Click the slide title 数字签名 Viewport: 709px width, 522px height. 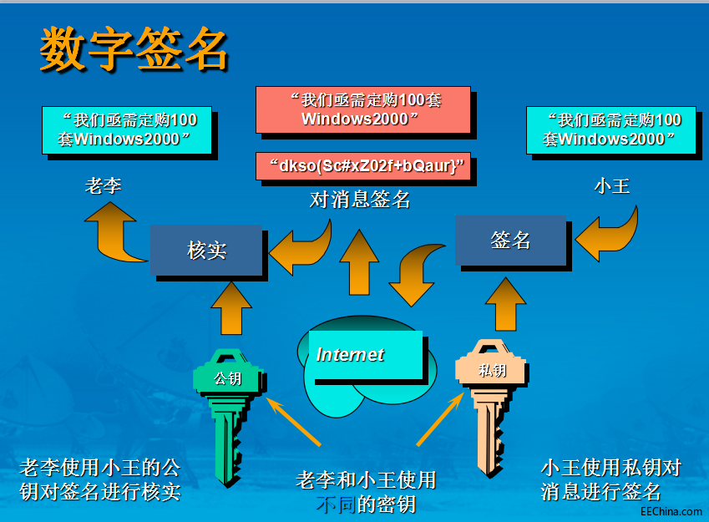tap(134, 49)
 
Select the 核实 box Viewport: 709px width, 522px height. tap(207, 250)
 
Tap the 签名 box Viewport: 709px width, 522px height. tap(510, 240)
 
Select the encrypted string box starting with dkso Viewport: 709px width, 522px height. tap(362, 165)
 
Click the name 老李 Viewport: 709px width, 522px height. tap(103, 185)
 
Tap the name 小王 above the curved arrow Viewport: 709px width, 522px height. tap(611, 185)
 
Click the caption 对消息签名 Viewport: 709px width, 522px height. tap(360, 200)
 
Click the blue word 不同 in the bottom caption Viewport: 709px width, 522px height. tap(337, 504)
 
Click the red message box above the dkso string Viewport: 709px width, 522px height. tap(362, 109)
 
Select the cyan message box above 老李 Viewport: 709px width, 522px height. tap(126, 129)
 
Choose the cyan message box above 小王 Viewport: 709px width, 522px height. tap(611, 129)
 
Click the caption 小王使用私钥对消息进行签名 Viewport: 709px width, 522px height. tap(610, 479)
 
